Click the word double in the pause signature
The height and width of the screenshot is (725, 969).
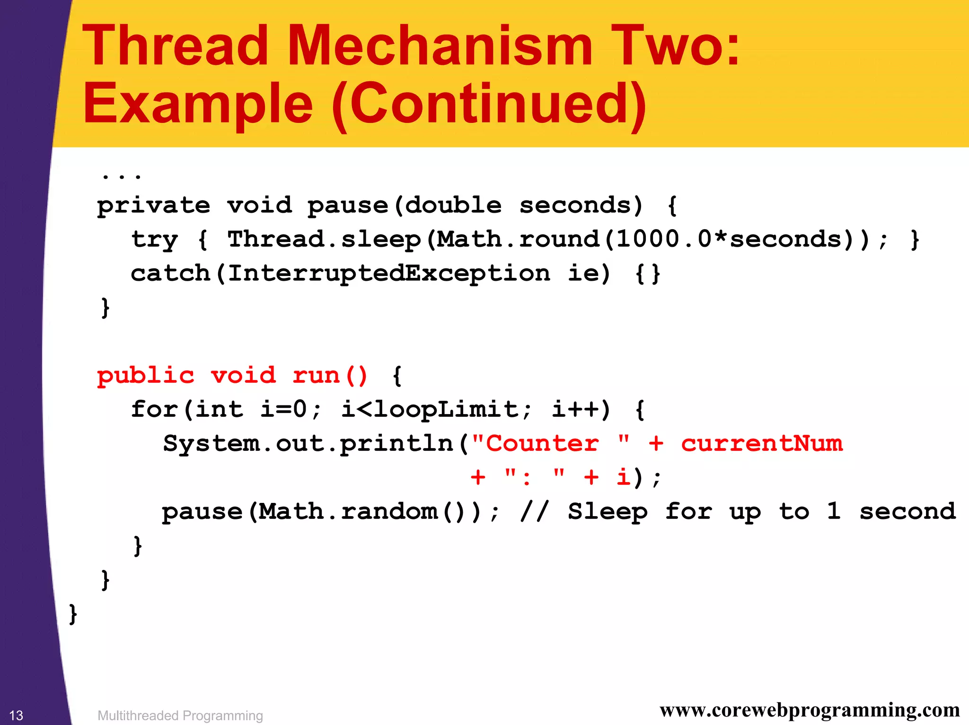(x=453, y=205)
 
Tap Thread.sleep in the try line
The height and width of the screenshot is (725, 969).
(x=324, y=239)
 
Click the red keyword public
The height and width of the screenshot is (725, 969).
(x=145, y=376)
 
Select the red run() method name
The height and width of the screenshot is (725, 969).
(x=330, y=376)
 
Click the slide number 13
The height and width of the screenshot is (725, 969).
(x=17, y=716)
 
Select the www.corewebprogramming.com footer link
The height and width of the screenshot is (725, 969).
(x=810, y=710)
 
